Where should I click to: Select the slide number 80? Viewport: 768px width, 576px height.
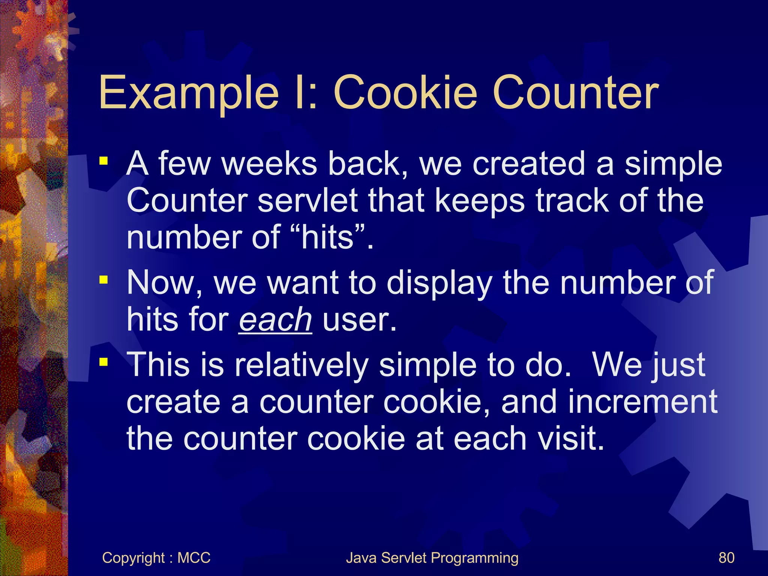[726, 558]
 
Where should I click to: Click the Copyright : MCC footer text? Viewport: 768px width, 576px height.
[156, 558]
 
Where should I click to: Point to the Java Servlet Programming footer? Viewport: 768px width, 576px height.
[432, 558]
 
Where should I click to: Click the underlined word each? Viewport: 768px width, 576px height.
[275, 320]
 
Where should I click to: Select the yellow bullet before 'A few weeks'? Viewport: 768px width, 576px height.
[103, 162]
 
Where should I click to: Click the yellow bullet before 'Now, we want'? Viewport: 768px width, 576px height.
[103, 280]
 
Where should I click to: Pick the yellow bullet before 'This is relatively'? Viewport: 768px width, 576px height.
[103, 362]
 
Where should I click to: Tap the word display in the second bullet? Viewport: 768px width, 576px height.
[439, 283]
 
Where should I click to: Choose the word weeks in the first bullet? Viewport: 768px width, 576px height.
[270, 164]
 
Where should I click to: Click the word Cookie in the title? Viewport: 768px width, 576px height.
[405, 93]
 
